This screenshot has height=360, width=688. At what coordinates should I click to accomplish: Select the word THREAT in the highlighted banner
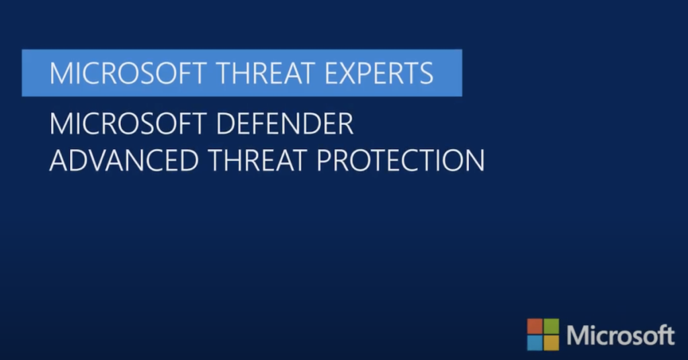266,73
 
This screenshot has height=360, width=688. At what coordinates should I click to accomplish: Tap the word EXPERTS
379,73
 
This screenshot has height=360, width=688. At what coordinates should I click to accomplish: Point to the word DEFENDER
285,124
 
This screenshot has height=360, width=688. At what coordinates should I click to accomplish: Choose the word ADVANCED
124,160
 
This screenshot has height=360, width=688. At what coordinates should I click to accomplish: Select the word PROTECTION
400,160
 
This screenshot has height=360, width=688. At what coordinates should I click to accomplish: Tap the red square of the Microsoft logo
534,326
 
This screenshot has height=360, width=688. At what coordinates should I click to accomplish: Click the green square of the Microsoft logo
552,326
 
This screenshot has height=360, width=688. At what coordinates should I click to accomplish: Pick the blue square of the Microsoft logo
534,343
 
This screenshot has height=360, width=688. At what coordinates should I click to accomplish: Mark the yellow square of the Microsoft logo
552,343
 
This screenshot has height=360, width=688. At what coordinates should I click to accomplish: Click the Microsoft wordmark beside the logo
620,335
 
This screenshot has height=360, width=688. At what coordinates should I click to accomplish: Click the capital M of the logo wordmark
576,336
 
